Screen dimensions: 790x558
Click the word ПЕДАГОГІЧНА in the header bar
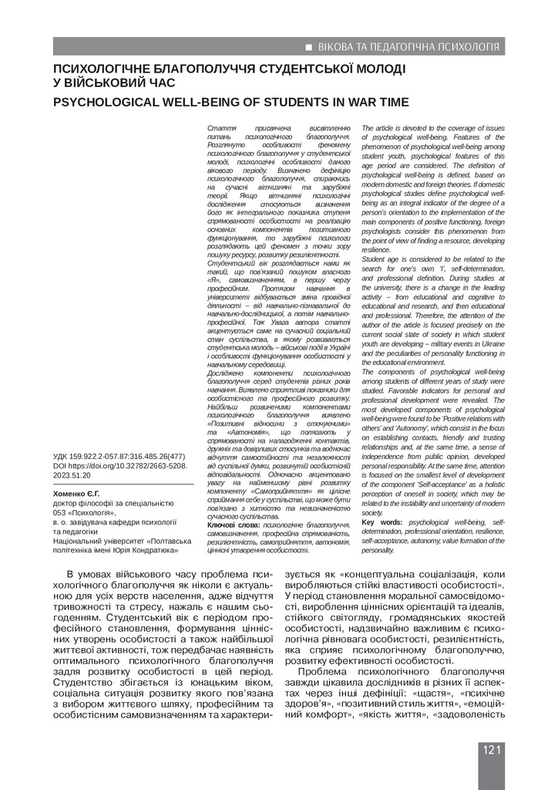pyautogui.click(x=395, y=47)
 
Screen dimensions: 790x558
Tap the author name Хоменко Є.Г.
pyautogui.click(x=82, y=491)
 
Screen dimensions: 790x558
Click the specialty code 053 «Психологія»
pyautogui.click(x=84, y=511)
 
